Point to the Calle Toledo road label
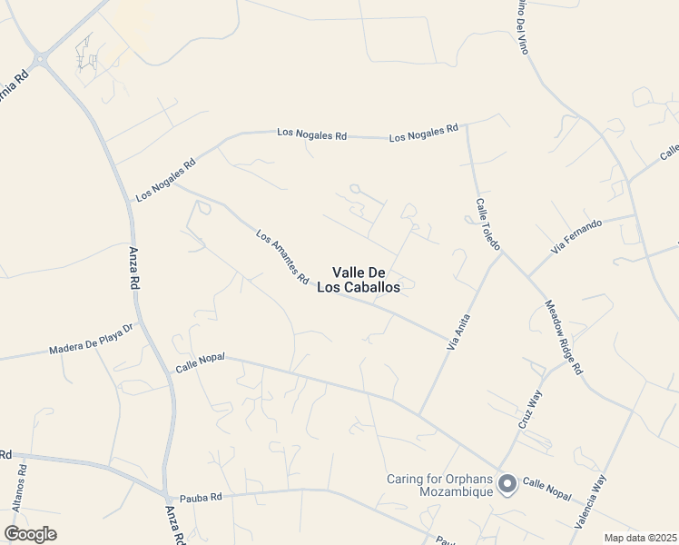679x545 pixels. [x=487, y=225]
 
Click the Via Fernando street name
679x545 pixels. [x=576, y=236]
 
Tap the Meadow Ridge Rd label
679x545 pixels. [x=563, y=338]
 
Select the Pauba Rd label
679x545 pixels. [x=201, y=497]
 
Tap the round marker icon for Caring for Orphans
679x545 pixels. [x=507, y=485]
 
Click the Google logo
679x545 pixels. [x=30, y=533]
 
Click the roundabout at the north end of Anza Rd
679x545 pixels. [x=39, y=60]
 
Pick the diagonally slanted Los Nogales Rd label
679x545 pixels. [x=165, y=182]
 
